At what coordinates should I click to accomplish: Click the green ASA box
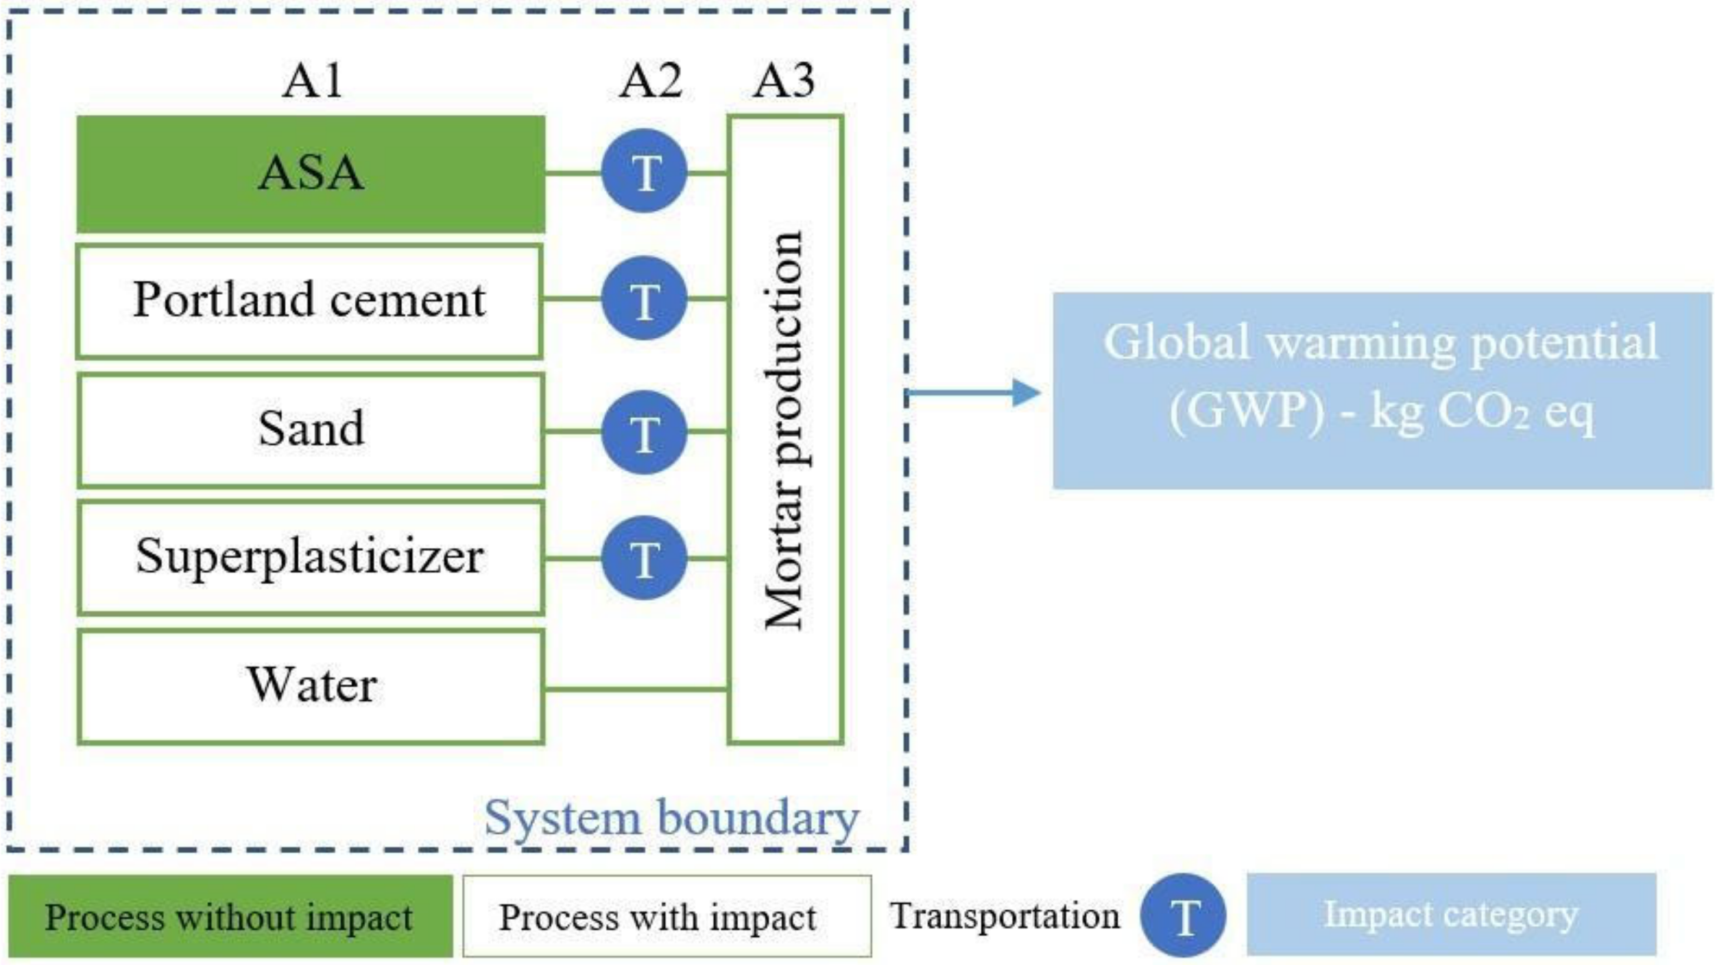(x=311, y=174)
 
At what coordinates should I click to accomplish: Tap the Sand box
(x=311, y=430)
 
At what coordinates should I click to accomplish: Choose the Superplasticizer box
(x=311, y=557)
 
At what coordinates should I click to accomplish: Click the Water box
(x=311, y=686)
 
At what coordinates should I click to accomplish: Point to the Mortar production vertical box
(x=785, y=429)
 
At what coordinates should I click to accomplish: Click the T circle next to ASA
(x=644, y=172)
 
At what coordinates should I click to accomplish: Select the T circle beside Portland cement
(x=644, y=298)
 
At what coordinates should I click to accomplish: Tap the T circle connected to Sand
(x=644, y=432)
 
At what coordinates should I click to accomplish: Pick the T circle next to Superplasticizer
(x=644, y=558)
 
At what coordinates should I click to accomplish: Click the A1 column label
(x=312, y=81)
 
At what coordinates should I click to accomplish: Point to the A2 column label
(x=651, y=81)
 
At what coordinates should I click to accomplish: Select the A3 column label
(x=784, y=81)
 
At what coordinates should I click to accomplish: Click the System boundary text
(x=671, y=817)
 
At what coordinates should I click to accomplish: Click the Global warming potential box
(x=1382, y=391)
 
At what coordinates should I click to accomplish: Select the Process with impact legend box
(x=666, y=916)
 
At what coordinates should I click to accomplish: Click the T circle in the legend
(x=1182, y=916)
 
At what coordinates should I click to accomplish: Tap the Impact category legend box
(x=1451, y=914)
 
